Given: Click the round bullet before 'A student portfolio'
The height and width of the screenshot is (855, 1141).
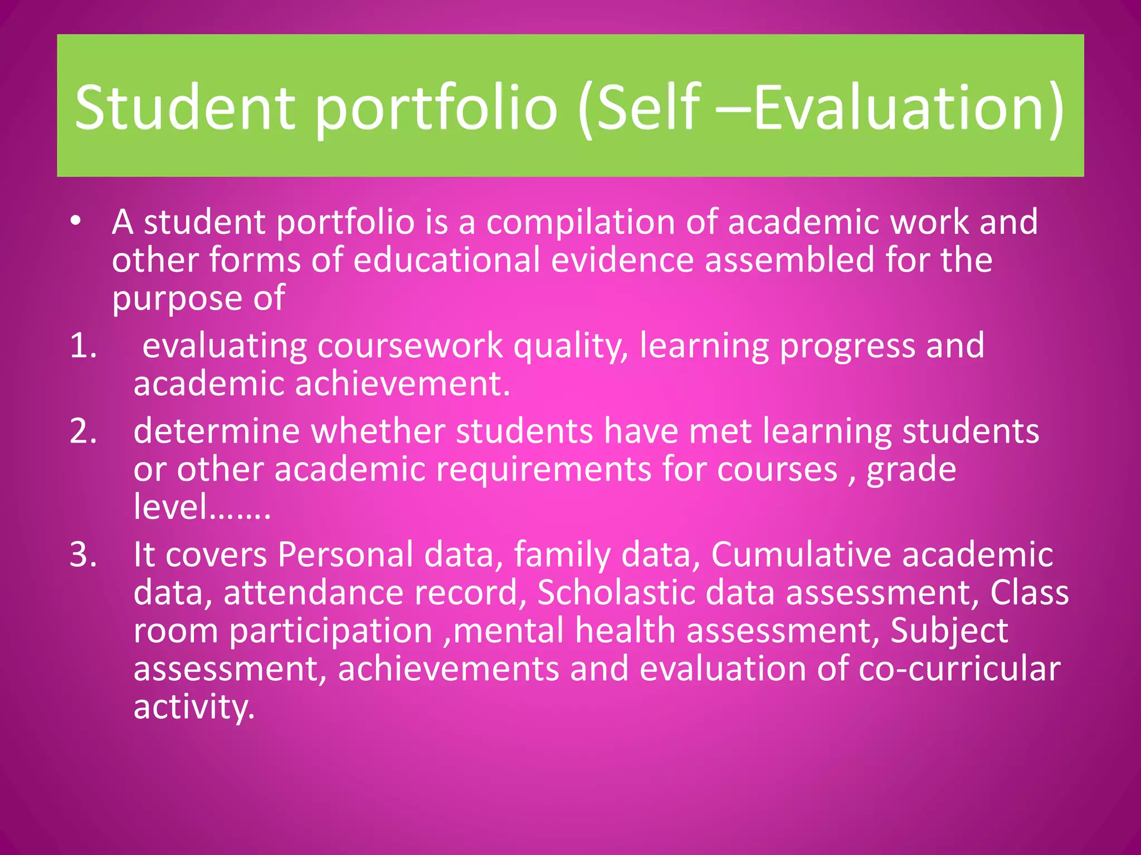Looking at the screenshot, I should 76,221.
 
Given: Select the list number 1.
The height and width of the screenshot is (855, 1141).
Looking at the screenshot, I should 83,346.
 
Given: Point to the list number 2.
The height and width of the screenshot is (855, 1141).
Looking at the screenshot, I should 83,431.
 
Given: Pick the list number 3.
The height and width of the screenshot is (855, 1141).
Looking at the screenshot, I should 83,554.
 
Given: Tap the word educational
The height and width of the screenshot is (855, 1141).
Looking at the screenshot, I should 446,260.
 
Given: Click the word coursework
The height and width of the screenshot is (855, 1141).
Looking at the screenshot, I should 410,346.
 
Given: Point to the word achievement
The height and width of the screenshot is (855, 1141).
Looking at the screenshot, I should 402,384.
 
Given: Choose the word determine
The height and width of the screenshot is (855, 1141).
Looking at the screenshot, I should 217,431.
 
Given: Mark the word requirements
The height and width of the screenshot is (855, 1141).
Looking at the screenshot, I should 544,469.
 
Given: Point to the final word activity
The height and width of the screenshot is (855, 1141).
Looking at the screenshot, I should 194,707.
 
